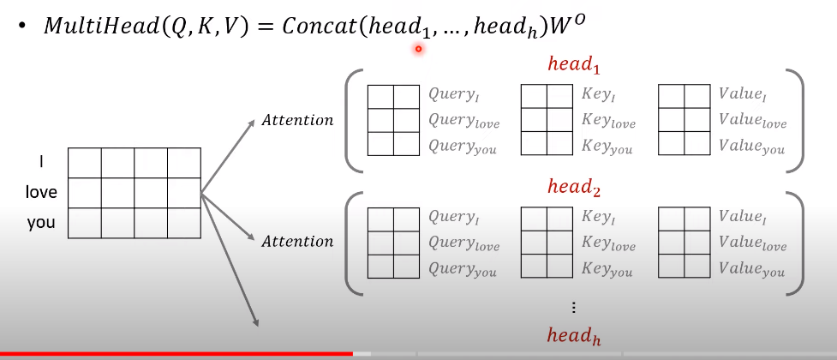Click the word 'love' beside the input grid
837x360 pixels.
[40, 192]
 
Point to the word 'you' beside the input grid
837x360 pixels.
[40, 223]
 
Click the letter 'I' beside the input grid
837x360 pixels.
[40, 161]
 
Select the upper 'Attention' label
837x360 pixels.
[297, 120]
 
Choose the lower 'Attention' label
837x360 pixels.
[297, 242]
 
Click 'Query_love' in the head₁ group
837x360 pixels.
[463, 122]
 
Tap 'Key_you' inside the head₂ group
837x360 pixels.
[607, 269]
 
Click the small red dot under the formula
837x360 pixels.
[418, 49]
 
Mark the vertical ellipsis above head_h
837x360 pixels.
[573, 308]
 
